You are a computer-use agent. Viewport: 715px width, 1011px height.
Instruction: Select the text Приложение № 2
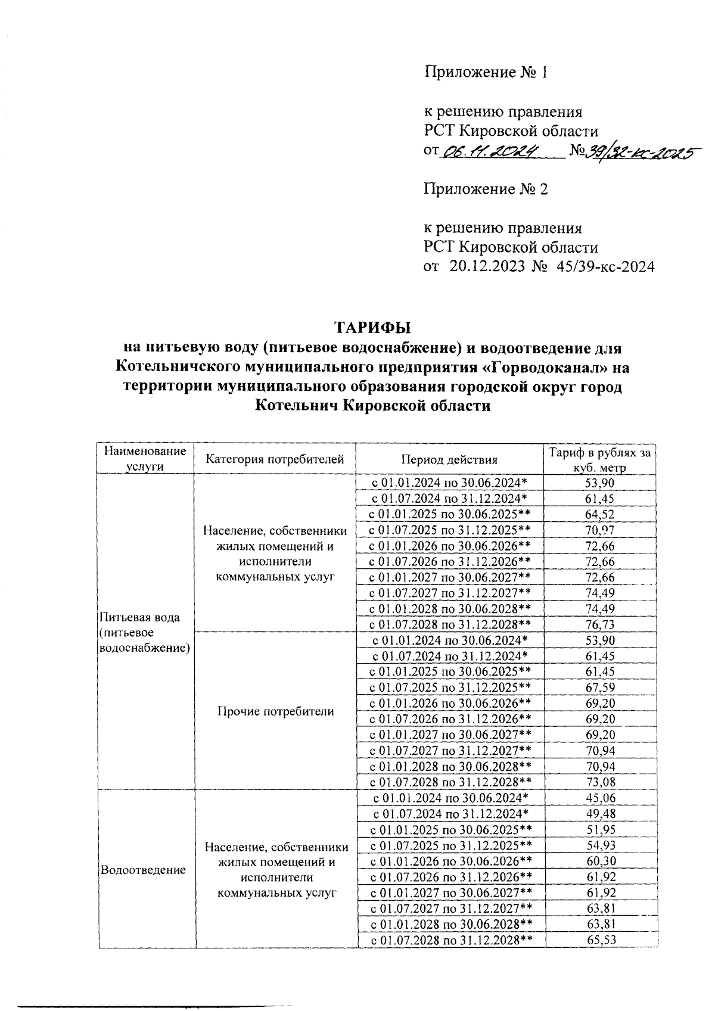pos(486,189)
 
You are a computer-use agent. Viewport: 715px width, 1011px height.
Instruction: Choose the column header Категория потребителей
pos(275,459)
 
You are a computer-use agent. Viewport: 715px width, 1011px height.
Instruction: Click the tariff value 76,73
pos(600,625)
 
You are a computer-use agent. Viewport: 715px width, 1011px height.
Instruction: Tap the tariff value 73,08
pos(600,782)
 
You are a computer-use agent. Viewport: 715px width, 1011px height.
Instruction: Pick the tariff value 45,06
pos(600,798)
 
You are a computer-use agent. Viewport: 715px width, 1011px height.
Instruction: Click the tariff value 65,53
pos(600,940)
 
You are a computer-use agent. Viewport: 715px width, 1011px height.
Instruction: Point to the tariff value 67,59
pos(600,688)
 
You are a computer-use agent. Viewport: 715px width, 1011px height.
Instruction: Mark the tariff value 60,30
pos(600,861)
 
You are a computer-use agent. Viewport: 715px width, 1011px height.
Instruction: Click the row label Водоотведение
pos(144,870)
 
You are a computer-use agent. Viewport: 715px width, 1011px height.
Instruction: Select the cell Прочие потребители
pos(275,711)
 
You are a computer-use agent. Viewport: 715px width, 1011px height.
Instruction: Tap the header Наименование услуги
pos(145,459)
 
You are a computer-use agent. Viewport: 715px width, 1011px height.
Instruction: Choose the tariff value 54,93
pos(600,845)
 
